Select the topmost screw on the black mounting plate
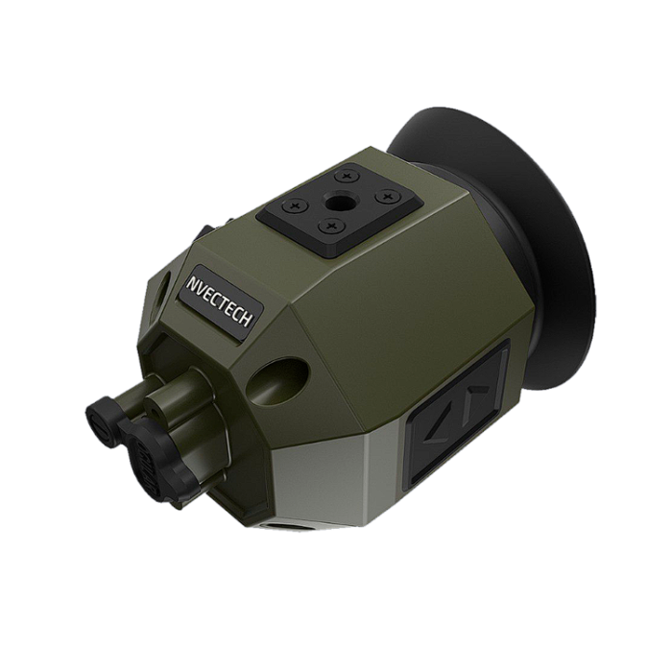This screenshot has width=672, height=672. point(348,176)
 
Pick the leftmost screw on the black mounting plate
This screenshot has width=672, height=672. point(296,206)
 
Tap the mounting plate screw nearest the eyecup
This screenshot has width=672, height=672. point(388,196)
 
